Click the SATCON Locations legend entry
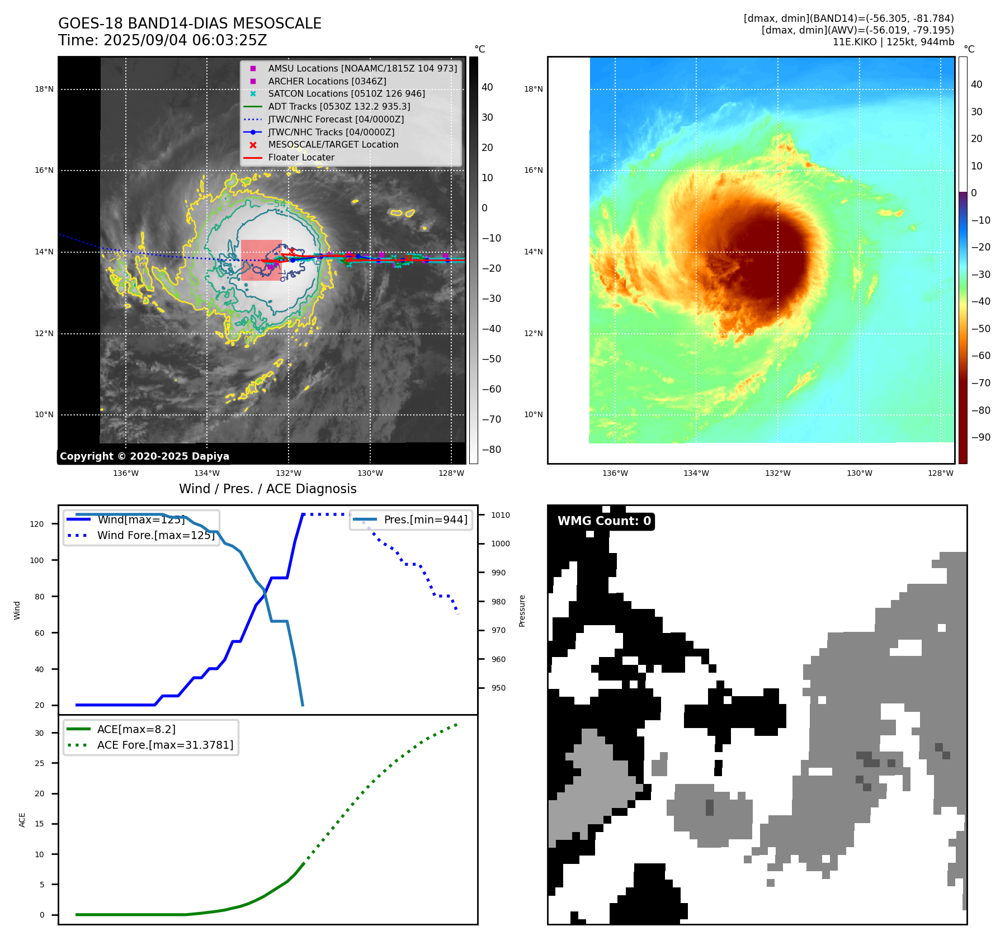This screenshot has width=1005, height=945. coord(346,94)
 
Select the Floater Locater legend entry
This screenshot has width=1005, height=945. coord(301,158)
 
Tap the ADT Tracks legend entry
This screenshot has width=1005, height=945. coord(339,106)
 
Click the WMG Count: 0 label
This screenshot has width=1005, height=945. coord(604,521)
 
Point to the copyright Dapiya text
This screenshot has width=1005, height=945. coord(144,456)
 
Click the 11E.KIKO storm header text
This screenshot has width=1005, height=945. coord(893,42)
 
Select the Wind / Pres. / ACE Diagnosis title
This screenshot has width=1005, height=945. coord(267,489)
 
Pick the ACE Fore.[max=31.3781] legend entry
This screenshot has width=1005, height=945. coord(165,745)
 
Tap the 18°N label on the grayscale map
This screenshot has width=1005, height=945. coord(44,89)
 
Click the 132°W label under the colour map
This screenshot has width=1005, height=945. coord(777,473)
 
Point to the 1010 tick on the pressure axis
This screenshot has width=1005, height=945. coord(501,515)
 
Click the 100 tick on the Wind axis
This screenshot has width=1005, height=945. coord(37,560)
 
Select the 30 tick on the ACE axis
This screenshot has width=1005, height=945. coord(39,733)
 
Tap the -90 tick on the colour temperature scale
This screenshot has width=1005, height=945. coord(980,437)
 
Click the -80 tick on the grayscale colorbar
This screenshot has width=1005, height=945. coord(492,450)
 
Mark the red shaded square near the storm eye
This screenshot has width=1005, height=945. coord(261,260)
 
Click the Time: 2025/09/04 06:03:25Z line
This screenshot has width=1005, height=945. coord(163,41)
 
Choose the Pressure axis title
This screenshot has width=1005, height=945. coord(522,611)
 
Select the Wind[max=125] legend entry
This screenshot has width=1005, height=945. coord(141,519)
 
